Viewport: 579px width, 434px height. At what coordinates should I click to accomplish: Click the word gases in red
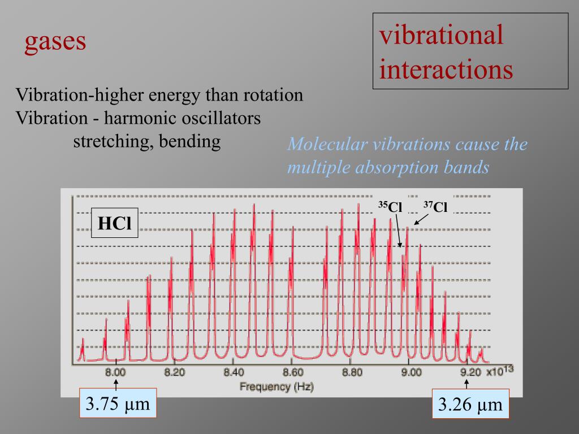55,42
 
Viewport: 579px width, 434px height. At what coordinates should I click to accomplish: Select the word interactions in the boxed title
447,70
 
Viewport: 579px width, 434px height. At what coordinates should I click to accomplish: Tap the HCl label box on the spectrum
115,223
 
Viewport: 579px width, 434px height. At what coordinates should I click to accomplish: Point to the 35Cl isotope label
390,207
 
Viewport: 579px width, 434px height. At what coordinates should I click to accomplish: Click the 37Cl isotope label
436,207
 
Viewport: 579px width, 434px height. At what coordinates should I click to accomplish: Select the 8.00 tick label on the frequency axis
115,372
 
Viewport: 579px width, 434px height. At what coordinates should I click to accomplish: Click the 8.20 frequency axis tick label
175,372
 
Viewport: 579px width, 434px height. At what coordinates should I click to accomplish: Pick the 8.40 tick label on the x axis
234,372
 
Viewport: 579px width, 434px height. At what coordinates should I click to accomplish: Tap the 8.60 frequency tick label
293,372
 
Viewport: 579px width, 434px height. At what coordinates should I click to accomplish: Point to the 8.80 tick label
352,372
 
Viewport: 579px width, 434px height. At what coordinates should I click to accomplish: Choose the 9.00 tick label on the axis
411,372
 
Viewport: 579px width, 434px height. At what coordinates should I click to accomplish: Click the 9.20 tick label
470,372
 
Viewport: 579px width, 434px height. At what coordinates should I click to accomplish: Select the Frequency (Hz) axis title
276,387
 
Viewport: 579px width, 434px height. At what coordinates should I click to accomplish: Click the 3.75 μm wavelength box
117,404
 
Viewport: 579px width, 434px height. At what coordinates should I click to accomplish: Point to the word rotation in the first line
273,95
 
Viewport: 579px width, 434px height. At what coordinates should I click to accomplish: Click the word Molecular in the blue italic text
327,144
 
